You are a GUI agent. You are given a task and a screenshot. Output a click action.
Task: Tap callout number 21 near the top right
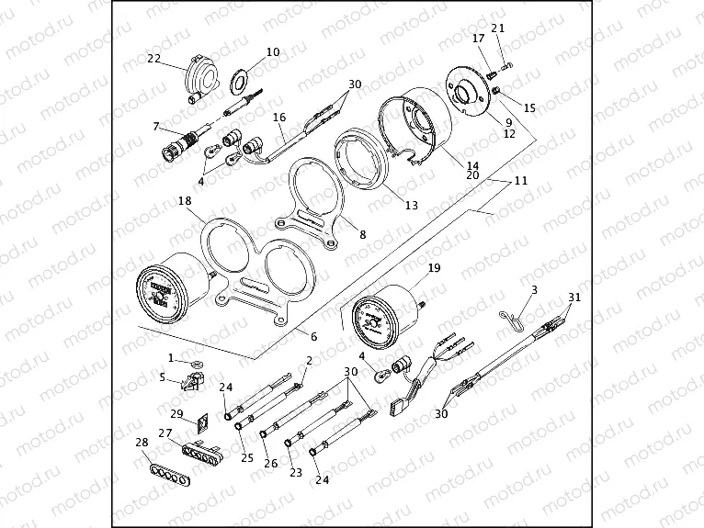498,28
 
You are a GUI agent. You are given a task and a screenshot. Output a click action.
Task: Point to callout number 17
478,39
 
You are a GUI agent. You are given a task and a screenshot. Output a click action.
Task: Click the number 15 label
529,107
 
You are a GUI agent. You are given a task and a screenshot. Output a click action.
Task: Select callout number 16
279,118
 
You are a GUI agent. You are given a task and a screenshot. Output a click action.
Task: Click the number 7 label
156,126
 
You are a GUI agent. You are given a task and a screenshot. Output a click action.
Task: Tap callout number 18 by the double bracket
185,200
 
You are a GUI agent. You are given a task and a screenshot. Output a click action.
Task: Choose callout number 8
362,235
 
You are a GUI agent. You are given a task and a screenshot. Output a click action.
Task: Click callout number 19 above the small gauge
435,269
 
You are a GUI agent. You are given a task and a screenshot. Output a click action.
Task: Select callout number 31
574,297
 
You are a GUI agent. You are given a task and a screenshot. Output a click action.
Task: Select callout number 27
166,433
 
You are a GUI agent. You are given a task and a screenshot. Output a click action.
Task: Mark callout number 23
296,472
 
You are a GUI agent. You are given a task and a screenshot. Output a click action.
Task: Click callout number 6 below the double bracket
313,337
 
